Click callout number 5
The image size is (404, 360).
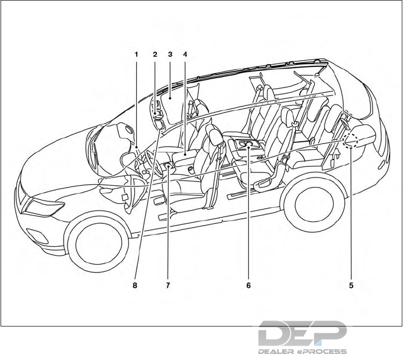[x=351, y=285]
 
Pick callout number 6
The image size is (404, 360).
[x=248, y=285]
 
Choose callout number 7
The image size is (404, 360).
[x=167, y=285]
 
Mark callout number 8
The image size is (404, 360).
[x=134, y=285]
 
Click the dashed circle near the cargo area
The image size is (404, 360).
[x=352, y=140]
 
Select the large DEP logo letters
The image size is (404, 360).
[x=302, y=334]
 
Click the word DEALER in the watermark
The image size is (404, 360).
[x=275, y=352]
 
